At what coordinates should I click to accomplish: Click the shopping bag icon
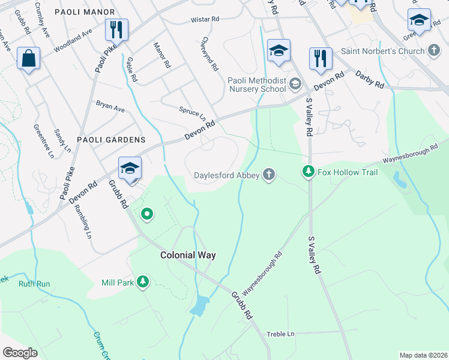28,59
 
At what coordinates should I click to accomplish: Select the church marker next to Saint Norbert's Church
434,51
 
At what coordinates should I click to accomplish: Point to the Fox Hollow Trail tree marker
309,172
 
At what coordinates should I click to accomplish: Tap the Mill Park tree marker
142,282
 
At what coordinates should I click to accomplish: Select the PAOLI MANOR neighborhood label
84,12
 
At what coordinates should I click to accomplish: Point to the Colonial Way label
188,255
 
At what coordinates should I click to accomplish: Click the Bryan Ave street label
110,106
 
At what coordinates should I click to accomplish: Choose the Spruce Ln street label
192,112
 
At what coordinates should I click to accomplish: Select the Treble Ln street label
281,334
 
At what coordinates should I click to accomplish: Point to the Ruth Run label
34,284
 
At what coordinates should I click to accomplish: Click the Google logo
20,353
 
